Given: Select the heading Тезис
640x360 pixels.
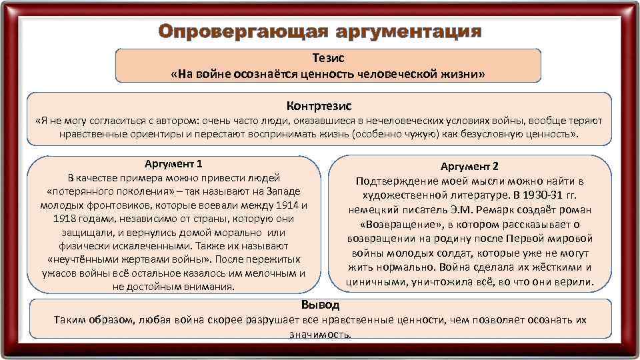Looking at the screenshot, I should (328, 59).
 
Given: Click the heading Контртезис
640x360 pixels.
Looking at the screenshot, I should (319, 106).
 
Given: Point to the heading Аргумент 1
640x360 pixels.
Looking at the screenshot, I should (173, 163).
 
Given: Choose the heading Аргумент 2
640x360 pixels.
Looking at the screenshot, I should (469, 166).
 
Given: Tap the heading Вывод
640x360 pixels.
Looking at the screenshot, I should (320, 305).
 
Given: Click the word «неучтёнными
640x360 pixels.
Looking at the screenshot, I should (83, 259).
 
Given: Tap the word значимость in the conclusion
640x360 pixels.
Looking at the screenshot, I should (320, 333).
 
